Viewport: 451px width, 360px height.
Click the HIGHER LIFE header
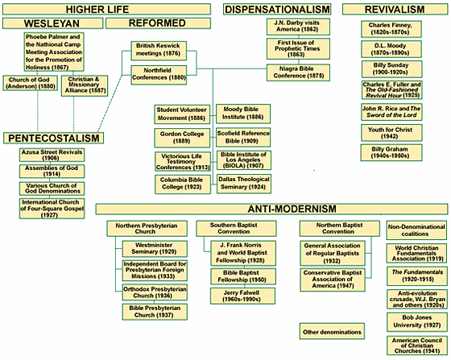click(106, 9)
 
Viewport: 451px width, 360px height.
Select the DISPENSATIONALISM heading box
click(277, 9)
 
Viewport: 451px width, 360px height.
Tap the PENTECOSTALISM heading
click(53, 138)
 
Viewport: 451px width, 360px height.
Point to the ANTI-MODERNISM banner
click(271, 209)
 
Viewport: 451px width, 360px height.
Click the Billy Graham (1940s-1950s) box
click(391, 152)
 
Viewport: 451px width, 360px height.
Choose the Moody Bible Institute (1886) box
click(243, 114)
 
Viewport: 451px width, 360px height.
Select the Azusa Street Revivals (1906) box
click(52, 155)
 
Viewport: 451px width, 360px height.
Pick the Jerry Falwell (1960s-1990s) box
click(242, 296)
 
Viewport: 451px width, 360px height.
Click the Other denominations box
click(332, 331)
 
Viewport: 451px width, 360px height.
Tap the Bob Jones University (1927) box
click(417, 322)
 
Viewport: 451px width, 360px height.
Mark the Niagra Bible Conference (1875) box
click(298, 72)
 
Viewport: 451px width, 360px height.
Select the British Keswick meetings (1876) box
click(159, 51)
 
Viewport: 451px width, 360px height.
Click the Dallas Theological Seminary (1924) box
click(243, 184)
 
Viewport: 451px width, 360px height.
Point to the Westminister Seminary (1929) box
click(155, 249)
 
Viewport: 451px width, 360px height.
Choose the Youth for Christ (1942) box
click(391, 133)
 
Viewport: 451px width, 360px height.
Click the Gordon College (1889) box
click(182, 138)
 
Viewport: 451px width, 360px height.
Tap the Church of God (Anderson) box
click(31, 83)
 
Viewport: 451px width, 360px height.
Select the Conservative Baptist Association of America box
click(333, 279)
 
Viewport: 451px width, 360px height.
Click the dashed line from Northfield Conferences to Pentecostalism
click(110, 104)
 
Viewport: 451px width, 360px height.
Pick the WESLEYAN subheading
click(52, 23)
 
